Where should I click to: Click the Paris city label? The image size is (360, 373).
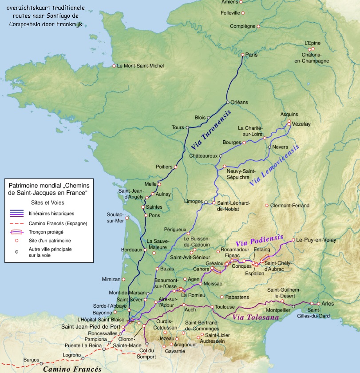pos(252,55)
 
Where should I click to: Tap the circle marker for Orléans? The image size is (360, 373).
pos(228,102)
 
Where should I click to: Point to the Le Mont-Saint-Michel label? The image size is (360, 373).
pos(140,66)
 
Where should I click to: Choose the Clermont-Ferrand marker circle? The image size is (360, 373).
pos(267,205)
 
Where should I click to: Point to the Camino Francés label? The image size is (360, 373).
pos(72,369)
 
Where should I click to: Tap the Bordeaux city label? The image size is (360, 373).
pos(131,250)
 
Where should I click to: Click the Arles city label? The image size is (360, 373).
pos(328,303)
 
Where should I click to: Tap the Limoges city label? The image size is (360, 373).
pos(193,202)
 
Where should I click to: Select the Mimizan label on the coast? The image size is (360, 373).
pos(111,279)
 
